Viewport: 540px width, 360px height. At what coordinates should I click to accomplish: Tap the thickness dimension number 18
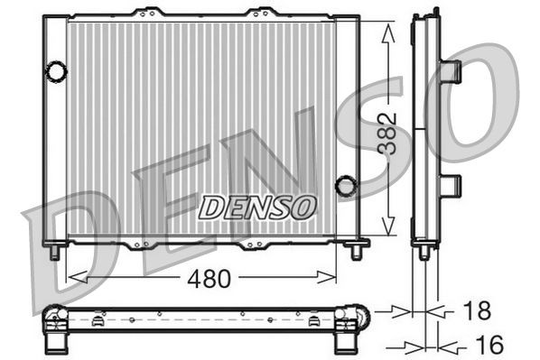(x=478, y=311)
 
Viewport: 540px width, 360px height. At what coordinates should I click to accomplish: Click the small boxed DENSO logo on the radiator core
(x=257, y=207)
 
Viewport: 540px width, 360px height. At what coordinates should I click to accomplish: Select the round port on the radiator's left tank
(x=56, y=69)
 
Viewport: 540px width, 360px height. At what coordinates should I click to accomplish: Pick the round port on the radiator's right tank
(x=346, y=186)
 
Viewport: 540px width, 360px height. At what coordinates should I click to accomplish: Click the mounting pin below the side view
(x=424, y=253)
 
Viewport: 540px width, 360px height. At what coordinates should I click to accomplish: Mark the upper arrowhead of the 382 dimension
(x=388, y=32)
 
